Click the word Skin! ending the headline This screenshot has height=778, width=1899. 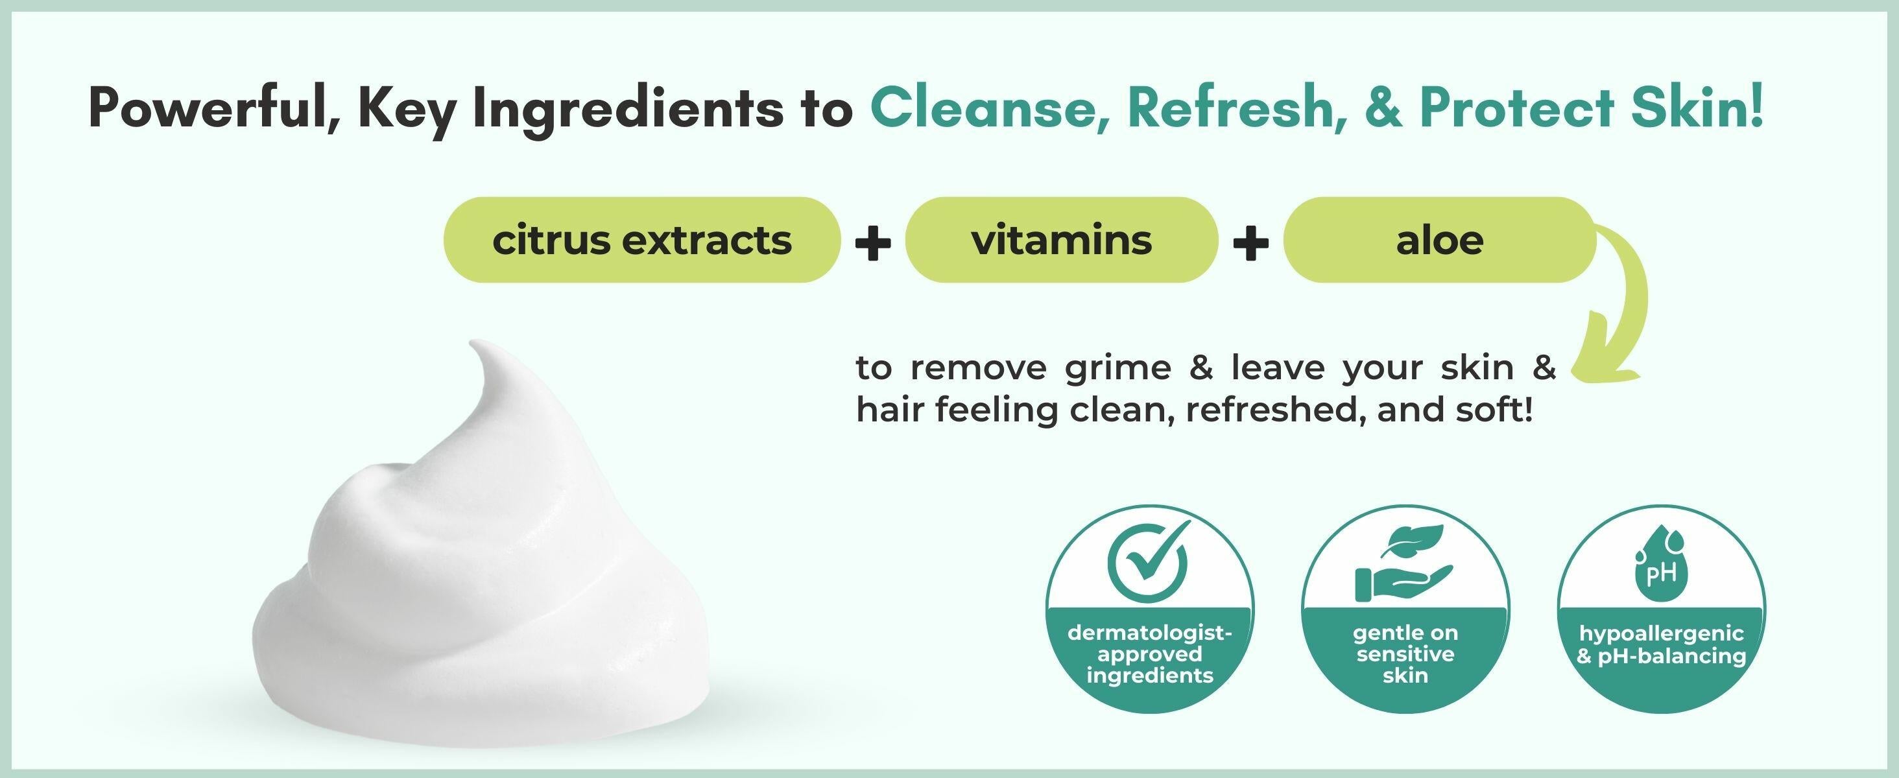coord(1699,108)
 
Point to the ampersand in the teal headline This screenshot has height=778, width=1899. coord(1383,108)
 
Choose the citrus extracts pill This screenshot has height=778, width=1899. coord(641,239)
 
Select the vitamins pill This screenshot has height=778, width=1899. coord(1061,239)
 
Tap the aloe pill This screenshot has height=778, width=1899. coord(1439,239)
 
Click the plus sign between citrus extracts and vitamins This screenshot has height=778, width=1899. coord(873,242)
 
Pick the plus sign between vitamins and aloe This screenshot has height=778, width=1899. coord(1250,242)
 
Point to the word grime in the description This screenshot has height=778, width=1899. coord(1117,368)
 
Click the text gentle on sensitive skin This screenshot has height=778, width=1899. coord(1405,654)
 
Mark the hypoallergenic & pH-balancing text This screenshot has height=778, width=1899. coord(1661,644)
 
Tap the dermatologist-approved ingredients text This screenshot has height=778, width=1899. coord(1149,654)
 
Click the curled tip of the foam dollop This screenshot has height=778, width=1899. coord(476,345)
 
